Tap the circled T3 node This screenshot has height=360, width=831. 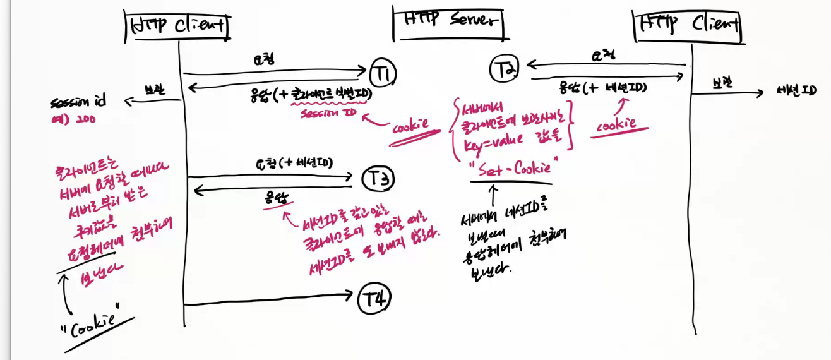pyautogui.click(x=378, y=181)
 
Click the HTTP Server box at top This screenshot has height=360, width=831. pyautogui.click(x=450, y=21)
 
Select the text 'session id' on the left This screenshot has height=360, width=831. pyautogui.click(x=79, y=102)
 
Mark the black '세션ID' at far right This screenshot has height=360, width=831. pyautogui.click(x=798, y=91)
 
